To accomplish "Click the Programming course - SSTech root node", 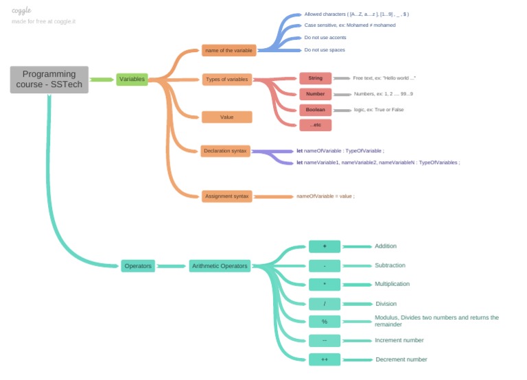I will point(49,80).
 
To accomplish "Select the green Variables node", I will point(132,79).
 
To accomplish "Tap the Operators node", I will point(138,266).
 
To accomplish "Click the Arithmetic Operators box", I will point(220,266).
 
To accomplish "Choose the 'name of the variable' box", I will point(229,50).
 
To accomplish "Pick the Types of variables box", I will point(227,80).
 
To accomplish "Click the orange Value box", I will point(226,117).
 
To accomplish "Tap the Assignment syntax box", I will point(226,196).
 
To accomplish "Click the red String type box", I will point(315,78).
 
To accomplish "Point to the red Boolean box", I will point(315,110).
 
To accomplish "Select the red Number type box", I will point(315,94).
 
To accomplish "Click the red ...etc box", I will point(315,125).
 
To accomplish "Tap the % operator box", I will point(325,322).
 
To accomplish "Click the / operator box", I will point(325,304).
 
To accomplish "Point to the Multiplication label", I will point(392,284).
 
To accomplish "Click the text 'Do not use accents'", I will point(325,38).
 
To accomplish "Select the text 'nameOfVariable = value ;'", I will point(325,196).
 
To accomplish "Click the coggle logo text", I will point(21,10).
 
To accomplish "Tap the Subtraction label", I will point(390,265).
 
